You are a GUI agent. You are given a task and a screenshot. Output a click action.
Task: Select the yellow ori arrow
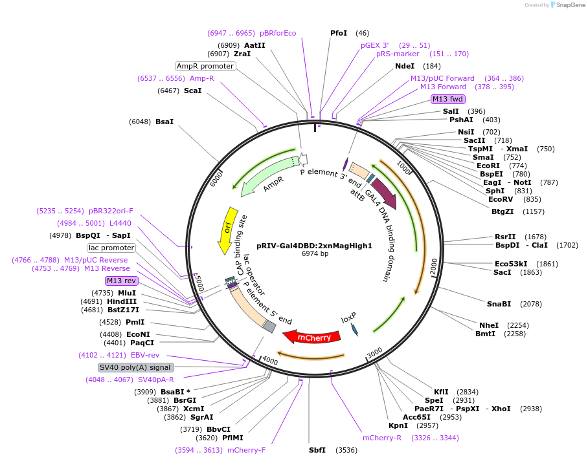pos(227,230)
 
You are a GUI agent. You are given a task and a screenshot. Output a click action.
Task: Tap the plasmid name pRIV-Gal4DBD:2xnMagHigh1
pos(314,246)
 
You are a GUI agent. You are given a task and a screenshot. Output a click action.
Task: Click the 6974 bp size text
pos(315,254)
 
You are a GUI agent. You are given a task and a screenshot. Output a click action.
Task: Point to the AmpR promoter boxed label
pos(205,66)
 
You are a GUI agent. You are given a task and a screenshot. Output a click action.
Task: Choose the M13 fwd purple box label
pos(448,99)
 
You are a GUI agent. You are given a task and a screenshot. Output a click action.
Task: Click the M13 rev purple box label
pos(121,281)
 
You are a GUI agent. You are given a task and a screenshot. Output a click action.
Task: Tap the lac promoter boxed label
pos(111,248)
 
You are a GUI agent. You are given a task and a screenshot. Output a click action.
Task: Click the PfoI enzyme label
pos(339,33)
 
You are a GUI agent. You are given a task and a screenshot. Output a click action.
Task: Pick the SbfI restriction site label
pos(317,450)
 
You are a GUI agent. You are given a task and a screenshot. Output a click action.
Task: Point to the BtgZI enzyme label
pos(502,211)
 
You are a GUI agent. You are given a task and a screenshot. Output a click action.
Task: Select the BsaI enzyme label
pos(164,122)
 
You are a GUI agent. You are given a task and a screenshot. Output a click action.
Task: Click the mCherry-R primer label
pos(382,438)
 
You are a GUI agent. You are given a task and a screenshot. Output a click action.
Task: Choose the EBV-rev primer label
pos(144,355)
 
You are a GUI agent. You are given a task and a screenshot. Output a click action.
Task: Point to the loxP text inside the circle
pos(348,319)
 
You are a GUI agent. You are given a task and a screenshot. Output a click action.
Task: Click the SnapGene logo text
pos(569,5)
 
